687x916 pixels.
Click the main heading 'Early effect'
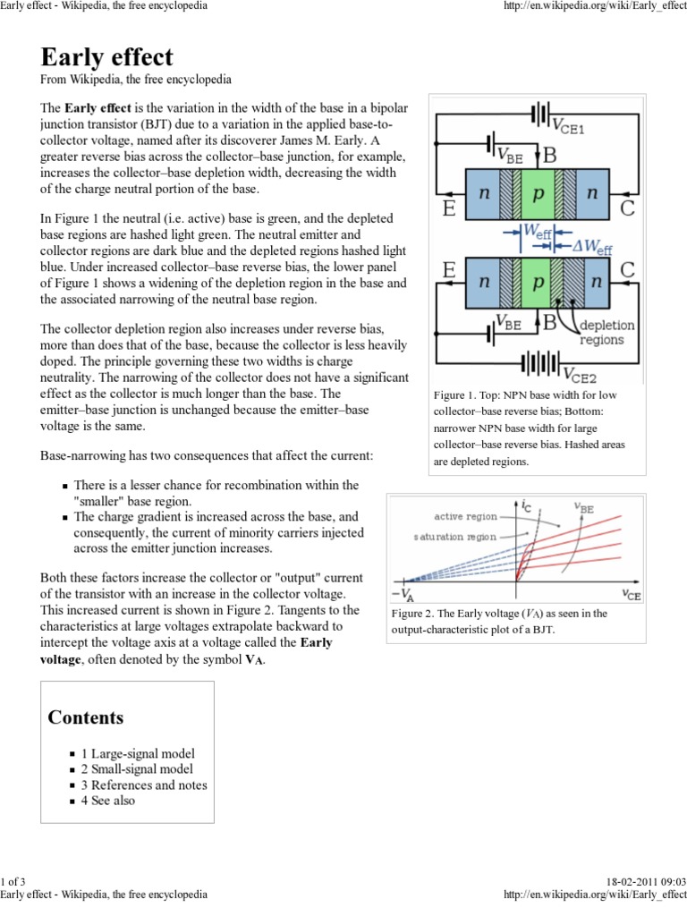(107, 56)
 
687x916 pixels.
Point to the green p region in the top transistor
(537, 193)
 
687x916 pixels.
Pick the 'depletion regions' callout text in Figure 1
(607, 332)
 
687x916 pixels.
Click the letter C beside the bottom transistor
(627, 268)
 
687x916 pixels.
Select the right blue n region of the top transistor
(591, 193)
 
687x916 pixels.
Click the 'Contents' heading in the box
(86, 717)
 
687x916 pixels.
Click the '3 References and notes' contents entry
(144, 785)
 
